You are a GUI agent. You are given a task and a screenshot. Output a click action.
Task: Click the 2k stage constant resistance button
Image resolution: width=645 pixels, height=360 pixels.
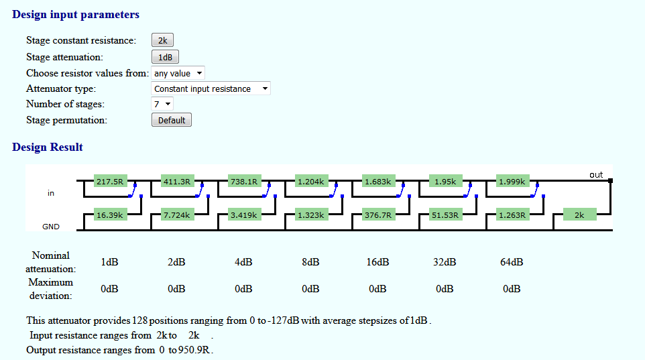(162, 40)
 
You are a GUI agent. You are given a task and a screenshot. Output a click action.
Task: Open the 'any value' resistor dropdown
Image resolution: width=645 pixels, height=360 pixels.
(178, 73)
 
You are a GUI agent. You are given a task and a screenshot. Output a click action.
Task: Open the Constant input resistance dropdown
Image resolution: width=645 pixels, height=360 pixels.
(211, 89)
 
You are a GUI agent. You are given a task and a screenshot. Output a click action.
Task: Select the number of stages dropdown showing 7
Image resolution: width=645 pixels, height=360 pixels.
(162, 104)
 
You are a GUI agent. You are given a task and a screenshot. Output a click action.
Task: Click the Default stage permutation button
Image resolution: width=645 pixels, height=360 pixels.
(172, 120)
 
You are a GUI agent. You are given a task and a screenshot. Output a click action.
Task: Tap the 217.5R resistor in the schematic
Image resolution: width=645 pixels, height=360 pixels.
(110, 182)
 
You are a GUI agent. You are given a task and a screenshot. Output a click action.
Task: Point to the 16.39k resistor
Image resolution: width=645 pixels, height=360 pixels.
(110, 215)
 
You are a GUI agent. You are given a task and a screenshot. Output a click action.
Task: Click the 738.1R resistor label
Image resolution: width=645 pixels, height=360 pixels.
(244, 182)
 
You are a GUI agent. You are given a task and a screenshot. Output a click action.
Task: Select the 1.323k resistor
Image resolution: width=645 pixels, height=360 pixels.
(311, 215)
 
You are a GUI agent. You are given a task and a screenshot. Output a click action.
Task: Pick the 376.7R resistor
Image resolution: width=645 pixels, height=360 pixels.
(378, 215)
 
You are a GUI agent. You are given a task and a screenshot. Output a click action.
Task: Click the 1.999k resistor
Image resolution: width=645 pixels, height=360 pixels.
(512, 182)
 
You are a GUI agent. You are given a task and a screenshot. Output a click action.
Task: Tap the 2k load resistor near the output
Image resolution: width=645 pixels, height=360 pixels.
(579, 215)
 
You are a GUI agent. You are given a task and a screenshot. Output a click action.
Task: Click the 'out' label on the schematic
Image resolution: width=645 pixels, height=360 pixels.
(596, 175)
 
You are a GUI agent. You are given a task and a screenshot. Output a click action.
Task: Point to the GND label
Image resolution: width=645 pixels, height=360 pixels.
(50, 227)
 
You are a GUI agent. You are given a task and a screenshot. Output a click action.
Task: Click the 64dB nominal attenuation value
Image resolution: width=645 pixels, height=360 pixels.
(512, 262)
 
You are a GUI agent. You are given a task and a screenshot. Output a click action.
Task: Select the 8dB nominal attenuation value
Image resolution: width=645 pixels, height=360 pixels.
(310, 262)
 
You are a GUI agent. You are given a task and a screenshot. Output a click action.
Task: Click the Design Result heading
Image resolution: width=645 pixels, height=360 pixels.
(48, 147)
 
